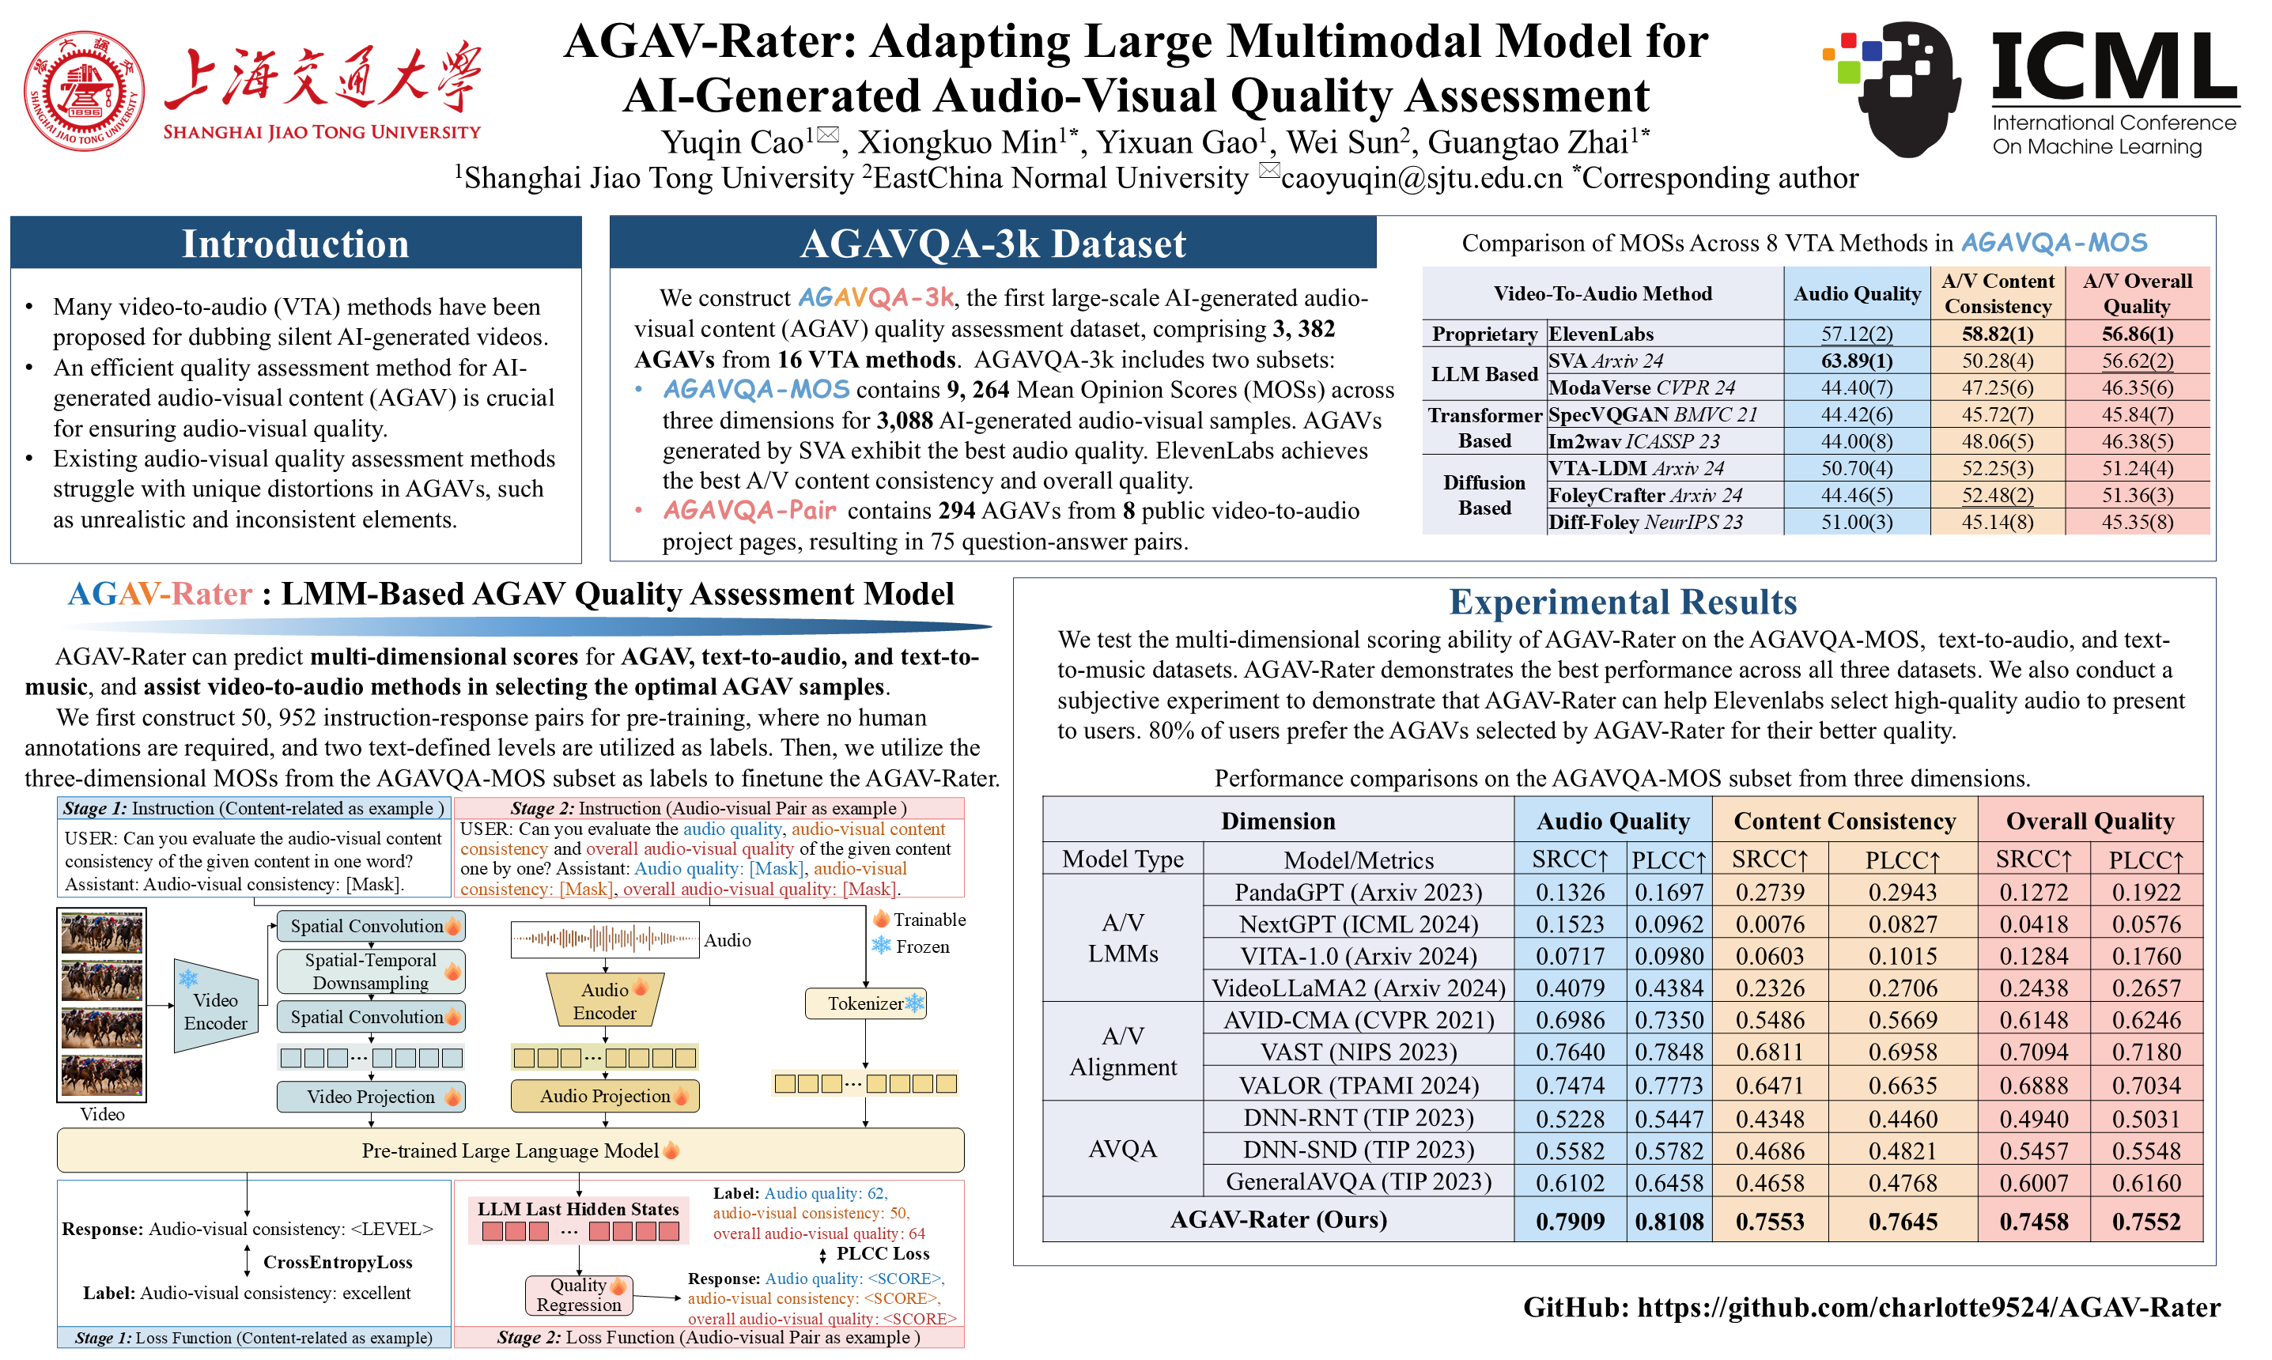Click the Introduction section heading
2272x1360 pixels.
[295, 244]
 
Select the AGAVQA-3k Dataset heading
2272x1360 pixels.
[992, 244]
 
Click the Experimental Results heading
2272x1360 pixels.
[1622, 602]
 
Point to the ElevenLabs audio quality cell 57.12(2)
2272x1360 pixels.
[1856, 334]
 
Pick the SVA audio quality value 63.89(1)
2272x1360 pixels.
[1856, 360]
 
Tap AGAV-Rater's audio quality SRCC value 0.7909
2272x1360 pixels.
[1570, 1222]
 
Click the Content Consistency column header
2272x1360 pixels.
[1844, 821]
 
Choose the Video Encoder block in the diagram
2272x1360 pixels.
[215, 1011]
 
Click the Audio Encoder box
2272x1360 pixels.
[605, 1001]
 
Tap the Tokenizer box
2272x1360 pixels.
[865, 1003]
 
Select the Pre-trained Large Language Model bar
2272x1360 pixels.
[511, 1150]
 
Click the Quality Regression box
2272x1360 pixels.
[578, 1295]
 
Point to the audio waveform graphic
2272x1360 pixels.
[604, 939]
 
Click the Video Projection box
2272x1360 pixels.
[371, 1097]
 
